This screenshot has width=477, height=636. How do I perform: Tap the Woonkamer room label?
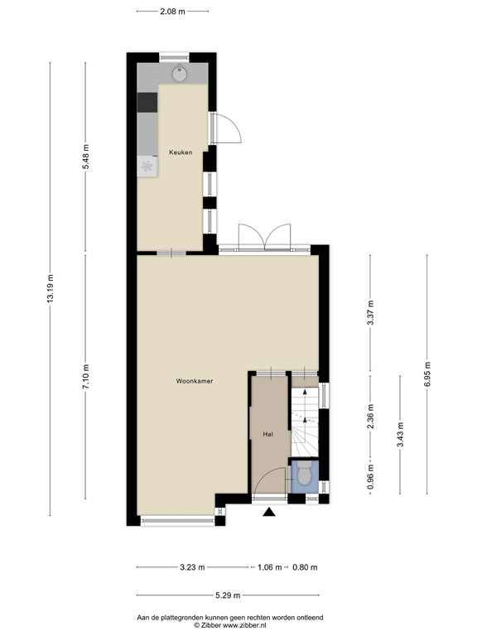pyautogui.click(x=195, y=382)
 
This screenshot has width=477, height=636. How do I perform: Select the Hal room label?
pyautogui.click(x=268, y=434)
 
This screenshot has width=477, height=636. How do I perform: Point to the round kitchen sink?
pyautogui.click(x=180, y=73)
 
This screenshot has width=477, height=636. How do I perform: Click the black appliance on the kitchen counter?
pyautogui.click(x=147, y=102)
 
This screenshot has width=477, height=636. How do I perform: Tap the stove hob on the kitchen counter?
pyautogui.click(x=147, y=166)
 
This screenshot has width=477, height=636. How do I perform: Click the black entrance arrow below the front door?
pyautogui.click(x=268, y=513)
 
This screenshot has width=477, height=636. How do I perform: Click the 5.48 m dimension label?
pyautogui.click(x=85, y=157)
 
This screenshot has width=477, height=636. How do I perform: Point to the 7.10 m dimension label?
pyautogui.click(x=85, y=377)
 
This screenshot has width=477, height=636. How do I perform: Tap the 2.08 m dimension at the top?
pyautogui.click(x=173, y=12)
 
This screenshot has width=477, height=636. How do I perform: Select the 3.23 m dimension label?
pyautogui.click(x=192, y=567)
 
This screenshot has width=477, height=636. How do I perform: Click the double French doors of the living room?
pyautogui.click(x=264, y=238)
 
